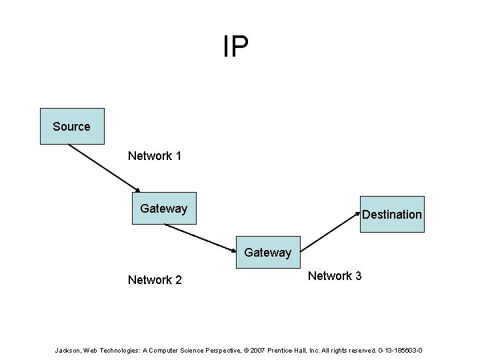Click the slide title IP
tap(236, 47)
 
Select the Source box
tap(72, 126)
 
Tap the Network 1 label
tap(155, 156)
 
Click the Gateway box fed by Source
tap(164, 208)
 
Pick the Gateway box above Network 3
tap(268, 252)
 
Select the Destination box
tap(392, 214)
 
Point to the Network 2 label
tap(155, 280)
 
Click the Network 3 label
tap(335, 276)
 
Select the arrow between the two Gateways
tap(200, 237)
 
